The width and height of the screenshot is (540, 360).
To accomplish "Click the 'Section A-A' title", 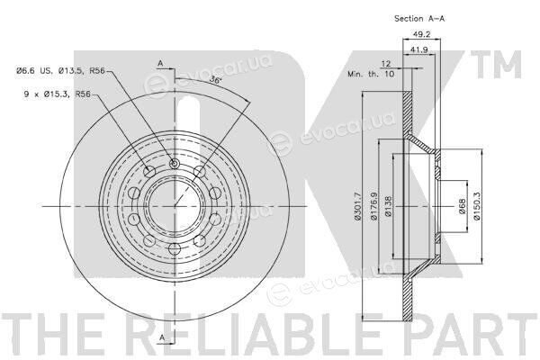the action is pyautogui.click(x=419, y=19).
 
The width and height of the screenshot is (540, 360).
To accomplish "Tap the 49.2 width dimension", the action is pyautogui.click(x=421, y=34).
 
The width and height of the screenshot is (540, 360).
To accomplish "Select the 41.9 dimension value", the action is pyautogui.click(x=419, y=49).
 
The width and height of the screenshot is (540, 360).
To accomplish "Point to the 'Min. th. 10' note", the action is pyautogui.click(x=371, y=74).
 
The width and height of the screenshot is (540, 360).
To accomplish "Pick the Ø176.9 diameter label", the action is pyautogui.click(x=373, y=206).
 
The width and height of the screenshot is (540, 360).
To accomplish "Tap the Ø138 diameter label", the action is pyautogui.click(x=389, y=206).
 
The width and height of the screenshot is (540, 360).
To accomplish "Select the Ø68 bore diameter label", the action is pyautogui.click(x=463, y=206).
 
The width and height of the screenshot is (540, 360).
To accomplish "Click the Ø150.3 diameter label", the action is pyautogui.click(x=477, y=206).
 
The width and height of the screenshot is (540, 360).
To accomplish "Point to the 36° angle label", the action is pyautogui.click(x=215, y=79).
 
